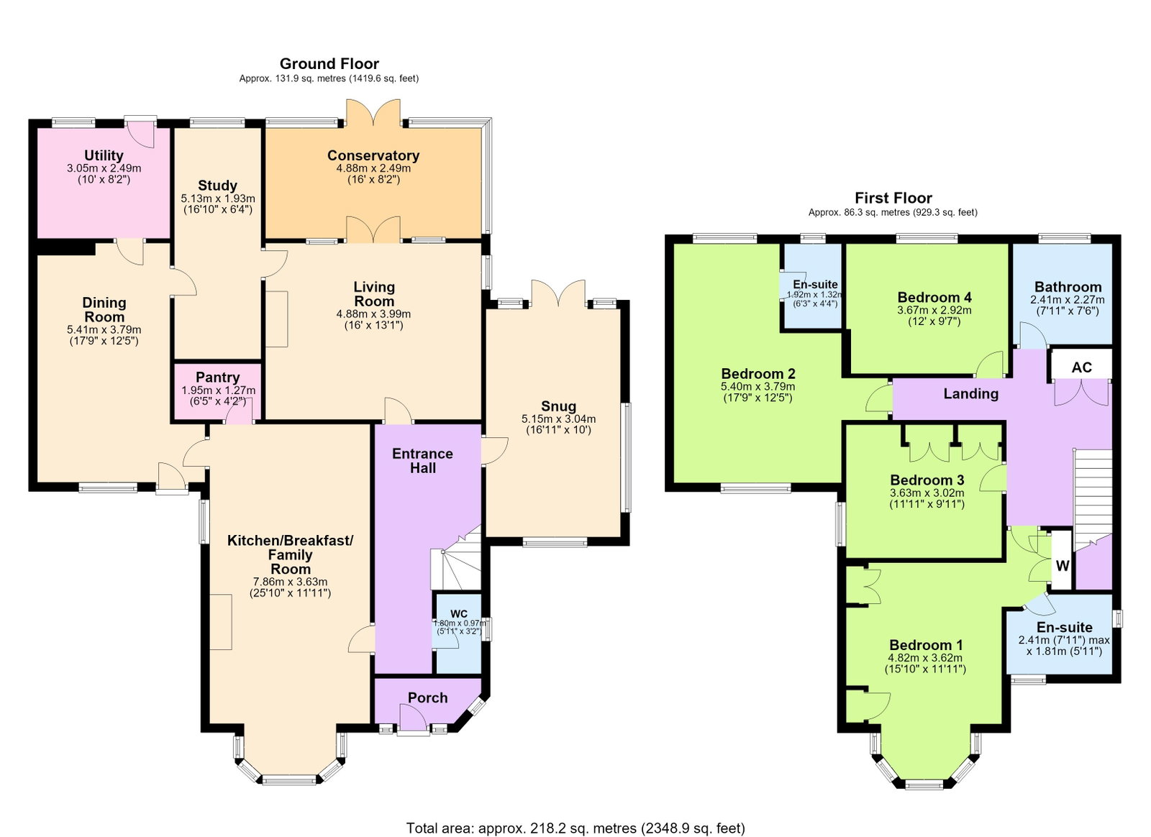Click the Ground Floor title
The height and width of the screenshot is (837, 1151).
(x=329, y=64)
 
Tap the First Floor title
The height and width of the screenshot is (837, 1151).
(x=893, y=198)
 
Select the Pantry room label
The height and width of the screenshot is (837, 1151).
(x=217, y=378)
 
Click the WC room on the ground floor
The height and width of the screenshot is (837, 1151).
(x=459, y=634)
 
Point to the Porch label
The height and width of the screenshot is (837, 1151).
(x=427, y=697)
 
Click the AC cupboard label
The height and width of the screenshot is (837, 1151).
(x=1082, y=367)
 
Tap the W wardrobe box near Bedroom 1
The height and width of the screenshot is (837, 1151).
(x=1062, y=566)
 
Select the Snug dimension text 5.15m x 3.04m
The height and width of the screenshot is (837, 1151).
(x=558, y=419)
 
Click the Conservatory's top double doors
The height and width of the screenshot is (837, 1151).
(x=373, y=113)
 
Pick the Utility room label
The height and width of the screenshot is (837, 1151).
(x=104, y=155)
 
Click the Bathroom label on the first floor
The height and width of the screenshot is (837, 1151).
(x=1068, y=286)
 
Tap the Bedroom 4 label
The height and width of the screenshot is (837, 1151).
(x=934, y=297)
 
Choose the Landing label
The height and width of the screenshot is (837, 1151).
(x=971, y=394)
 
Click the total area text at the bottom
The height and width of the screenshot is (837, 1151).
(x=575, y=814)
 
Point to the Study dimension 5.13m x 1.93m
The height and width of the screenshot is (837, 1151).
(x=218, y=198)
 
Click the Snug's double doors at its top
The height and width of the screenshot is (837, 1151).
(x=558, y=293)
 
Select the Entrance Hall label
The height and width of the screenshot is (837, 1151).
(x=422, y=461)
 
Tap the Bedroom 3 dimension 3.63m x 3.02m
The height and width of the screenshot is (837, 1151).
(x=927, y=493)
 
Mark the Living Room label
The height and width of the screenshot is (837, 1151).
(x=374, y=294)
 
